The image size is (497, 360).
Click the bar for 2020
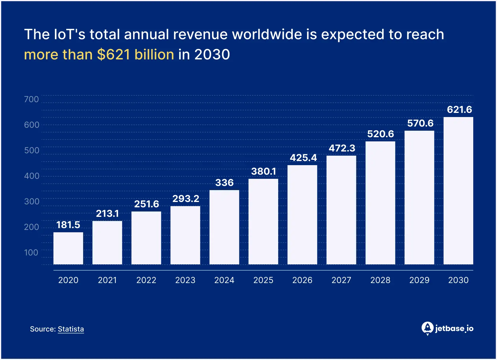[x=68, y=248]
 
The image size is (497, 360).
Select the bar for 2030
[x=458, y=191]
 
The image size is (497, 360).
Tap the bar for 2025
[x=263, y=222]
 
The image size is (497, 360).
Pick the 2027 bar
[x=341, y=210]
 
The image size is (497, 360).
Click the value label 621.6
[x=459, y=110]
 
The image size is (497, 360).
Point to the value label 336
[x=224, y=182]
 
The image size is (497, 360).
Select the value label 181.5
[x=68, y=225]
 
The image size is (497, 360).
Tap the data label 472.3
[x=342, y=148]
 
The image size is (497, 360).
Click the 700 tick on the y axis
[x=31, y=99]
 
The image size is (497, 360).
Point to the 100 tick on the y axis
[x=31, y=252]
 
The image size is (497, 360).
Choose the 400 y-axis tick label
[x=32, y=176]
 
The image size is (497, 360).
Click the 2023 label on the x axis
[x=185, y=280]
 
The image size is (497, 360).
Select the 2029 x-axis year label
[x=419, y=280]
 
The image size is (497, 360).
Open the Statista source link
[x=71, y=329]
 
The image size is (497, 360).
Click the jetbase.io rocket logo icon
[x=427, y=328]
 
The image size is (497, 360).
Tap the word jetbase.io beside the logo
[x=454, y=329]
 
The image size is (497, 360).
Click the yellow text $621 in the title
[x=114, y=55]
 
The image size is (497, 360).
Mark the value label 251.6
[x=146, y=204]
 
